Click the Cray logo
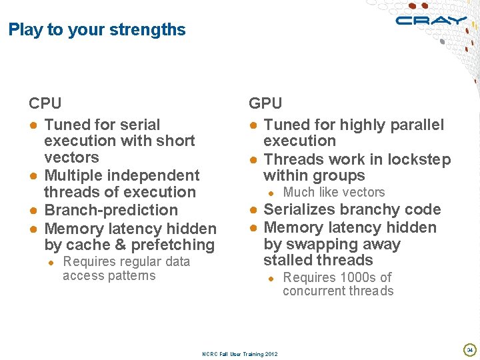431,21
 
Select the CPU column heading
45,103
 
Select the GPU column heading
265,103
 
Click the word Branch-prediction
111,210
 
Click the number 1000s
361,277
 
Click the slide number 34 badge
469,349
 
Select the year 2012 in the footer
271,354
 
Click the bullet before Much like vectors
271,193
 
